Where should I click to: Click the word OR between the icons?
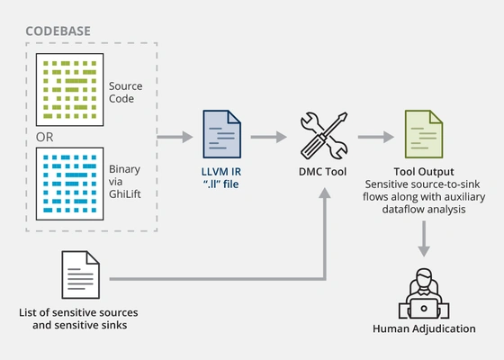tap(41, 138)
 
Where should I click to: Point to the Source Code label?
tap(126, 93)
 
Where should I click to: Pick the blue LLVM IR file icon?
tap(221, 137)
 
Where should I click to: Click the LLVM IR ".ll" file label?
tap(221, 178)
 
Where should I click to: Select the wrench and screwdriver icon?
tap(321, 136)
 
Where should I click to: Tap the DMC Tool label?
tap(321, 171)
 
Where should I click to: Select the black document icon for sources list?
tap(79, 275)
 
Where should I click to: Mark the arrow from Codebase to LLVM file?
tap(175, 138)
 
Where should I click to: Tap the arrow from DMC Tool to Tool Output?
tap(377, 138)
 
